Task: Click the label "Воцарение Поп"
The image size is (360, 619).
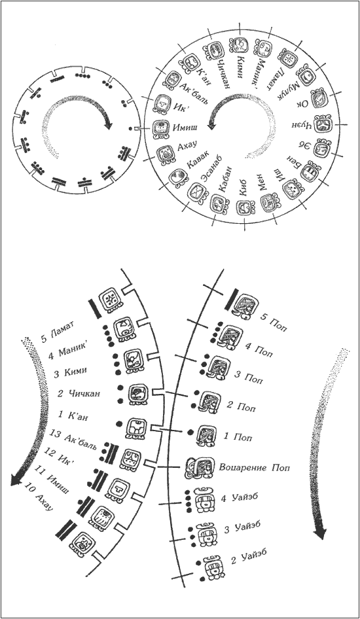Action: point(254,468)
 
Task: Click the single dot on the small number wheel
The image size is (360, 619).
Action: point(131,128)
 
